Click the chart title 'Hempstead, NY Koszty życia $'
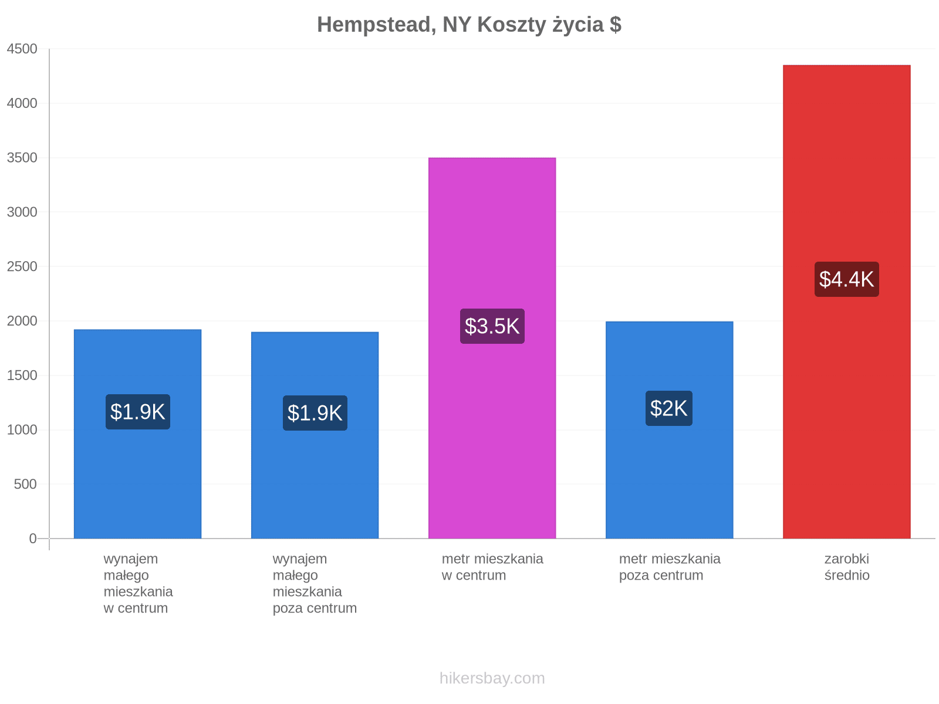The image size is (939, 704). [x=469, y=25]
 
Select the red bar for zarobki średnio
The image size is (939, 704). [x=846, y=302]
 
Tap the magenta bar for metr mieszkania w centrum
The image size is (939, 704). [x=492, y=348]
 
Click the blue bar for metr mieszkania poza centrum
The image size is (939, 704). [x=669, y=430]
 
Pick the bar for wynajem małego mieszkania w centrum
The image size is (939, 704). [x=137, y=434]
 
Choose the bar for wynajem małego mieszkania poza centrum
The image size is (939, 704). [x=315, y=435]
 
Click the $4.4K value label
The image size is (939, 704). [x=846, y=279]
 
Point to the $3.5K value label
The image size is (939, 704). [x=492, y=326]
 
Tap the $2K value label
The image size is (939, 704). [x=668, y=408]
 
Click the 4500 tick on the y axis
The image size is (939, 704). [x=22, y=49]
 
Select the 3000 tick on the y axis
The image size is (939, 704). [x=22, y=212]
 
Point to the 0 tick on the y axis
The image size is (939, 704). [x=32, y=539]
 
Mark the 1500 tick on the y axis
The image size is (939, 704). [x=22, y=375]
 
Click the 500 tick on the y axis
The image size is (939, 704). [x=25, y=485]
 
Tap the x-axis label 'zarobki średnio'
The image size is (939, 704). [x=847, y=567]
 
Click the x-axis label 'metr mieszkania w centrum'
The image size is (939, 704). [x=492, y=567]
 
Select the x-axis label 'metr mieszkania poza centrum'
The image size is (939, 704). [x=670, y=567]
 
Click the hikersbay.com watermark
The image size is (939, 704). [x=492, y=678]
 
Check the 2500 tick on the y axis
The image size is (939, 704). [x=22, y=266]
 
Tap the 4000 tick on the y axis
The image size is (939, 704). [x=22, y=103]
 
